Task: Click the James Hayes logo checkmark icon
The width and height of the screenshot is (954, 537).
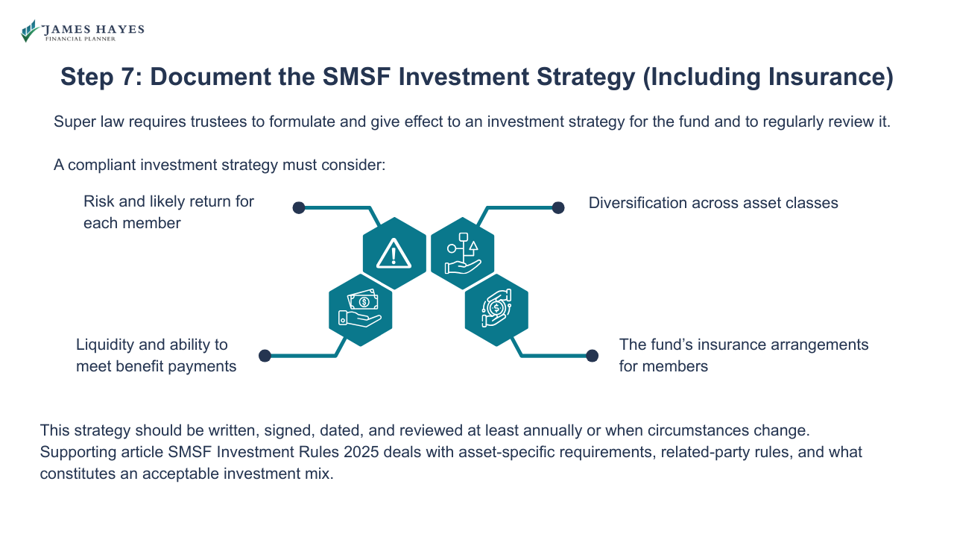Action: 30,31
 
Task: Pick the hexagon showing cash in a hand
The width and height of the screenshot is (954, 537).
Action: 361,309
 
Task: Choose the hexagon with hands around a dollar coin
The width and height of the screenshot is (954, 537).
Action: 496,309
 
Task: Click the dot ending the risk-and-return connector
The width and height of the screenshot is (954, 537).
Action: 298,207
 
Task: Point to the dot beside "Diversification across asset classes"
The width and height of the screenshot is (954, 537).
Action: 557,207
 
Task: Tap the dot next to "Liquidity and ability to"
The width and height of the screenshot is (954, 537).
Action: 265,356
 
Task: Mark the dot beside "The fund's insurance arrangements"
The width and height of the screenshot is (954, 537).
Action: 592,356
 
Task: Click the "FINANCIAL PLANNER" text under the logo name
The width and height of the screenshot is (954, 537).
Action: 80,39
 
